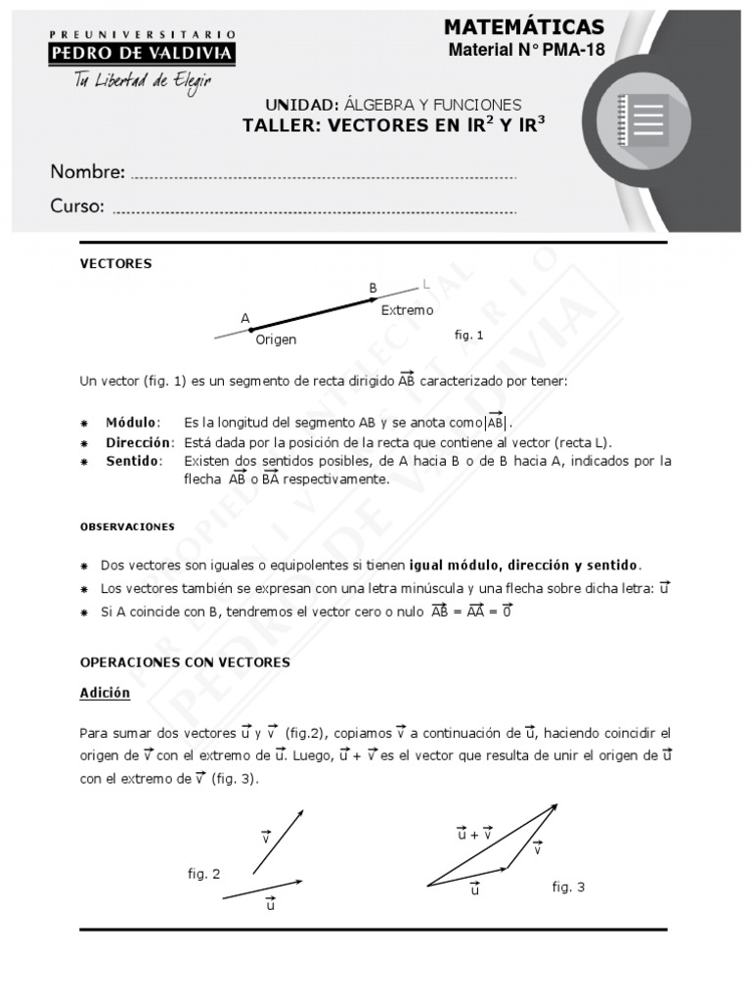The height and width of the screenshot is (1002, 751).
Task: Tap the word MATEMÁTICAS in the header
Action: coord(523,26)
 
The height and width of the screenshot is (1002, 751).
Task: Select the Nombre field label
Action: coord(87,172)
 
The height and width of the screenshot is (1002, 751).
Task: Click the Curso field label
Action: coord(77,206)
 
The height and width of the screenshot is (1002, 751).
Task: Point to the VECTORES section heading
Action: coord(115,263)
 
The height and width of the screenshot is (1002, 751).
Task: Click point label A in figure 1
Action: coord(245,318)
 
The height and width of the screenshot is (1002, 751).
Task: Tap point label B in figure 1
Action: coord(373,288)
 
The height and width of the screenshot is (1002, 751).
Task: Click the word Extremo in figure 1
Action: coord(407,310)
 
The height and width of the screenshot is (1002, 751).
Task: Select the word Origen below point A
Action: coord(276,340)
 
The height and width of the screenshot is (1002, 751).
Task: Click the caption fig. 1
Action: coord(469,335)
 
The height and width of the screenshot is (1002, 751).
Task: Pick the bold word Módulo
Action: coord(131,422)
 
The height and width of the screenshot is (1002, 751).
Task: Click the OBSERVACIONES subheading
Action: coord(127,526)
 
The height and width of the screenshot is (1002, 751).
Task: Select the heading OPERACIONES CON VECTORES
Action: coord(185,662)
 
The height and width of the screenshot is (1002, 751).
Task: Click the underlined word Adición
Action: coord(105,693)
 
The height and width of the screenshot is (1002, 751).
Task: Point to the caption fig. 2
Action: coord(204,874)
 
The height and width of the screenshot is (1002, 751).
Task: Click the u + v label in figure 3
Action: coord(474,834)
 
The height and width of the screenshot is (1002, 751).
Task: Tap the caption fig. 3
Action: coord(568,887)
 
